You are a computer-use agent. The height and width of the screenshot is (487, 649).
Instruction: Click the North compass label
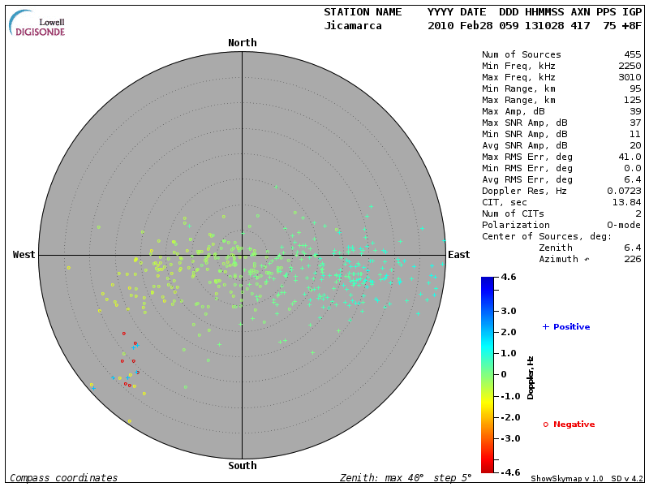coord(242,43)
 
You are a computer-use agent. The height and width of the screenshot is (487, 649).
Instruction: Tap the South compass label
coord(242,466)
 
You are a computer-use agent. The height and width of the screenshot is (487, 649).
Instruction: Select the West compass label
coord(24,255)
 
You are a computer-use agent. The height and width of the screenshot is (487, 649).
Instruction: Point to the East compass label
coord(459,255)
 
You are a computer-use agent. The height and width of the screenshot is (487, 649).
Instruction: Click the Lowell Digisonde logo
coord(37,24)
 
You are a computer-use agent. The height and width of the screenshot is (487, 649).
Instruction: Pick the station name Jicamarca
coord(350,26)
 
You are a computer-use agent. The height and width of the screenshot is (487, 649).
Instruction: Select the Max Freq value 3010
coord(630,76)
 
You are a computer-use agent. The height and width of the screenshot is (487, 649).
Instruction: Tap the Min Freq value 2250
coord(630,66)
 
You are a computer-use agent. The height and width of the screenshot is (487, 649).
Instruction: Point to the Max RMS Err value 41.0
coord(630,156)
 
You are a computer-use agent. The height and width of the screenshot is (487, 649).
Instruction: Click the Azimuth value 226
coord(633,259)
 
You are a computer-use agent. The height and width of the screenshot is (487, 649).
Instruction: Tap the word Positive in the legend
coord(571,327)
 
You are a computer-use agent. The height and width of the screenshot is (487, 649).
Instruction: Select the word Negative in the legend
coord(574,425)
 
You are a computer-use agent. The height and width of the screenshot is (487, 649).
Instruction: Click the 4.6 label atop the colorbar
coord(509,278)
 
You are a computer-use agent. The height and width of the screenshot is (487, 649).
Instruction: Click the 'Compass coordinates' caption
coord(63,478)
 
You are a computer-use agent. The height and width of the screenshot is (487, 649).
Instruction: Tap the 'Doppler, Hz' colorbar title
coord(531,377)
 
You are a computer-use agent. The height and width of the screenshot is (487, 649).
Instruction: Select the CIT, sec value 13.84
coord(627,202)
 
